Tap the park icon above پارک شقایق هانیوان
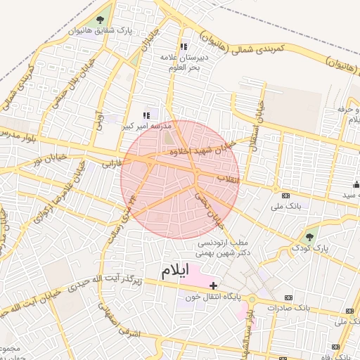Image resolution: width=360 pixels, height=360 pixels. (x=99, y=20)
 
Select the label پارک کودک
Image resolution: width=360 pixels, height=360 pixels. (x=310, y=248)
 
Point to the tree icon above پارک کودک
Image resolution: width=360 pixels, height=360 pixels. (x=311, y=235)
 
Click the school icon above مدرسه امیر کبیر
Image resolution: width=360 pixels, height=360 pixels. (x=146, y=115)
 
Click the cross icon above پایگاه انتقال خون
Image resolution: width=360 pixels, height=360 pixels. (x=213, y=285)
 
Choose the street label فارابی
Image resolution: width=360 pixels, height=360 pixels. (x=103, y=165)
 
